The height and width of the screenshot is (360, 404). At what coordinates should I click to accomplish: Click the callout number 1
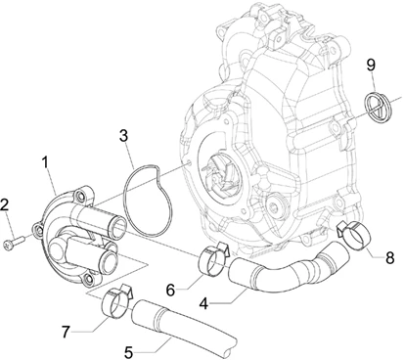[x=46, y=162]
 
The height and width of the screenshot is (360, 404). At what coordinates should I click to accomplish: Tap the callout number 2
[x=4, y=205]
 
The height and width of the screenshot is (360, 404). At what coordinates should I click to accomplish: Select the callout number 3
[x=123, y=136]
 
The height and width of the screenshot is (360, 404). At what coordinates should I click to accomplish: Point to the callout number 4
[x=203, y=303]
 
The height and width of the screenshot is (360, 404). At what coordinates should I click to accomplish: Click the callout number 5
[x=129, y=352]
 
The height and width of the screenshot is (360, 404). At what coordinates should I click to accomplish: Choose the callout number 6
[x=170, y=290]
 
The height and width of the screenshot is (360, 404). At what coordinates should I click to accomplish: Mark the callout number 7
[x=67, y=332]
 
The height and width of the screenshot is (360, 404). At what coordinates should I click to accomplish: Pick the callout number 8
[x=389, y=257]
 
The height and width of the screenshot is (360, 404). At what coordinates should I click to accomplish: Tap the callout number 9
[x=371, y=65]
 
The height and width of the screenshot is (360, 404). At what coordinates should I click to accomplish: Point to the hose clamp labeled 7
[x=117, y=300]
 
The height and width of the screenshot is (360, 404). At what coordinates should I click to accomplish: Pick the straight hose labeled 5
[x=183, y=326]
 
